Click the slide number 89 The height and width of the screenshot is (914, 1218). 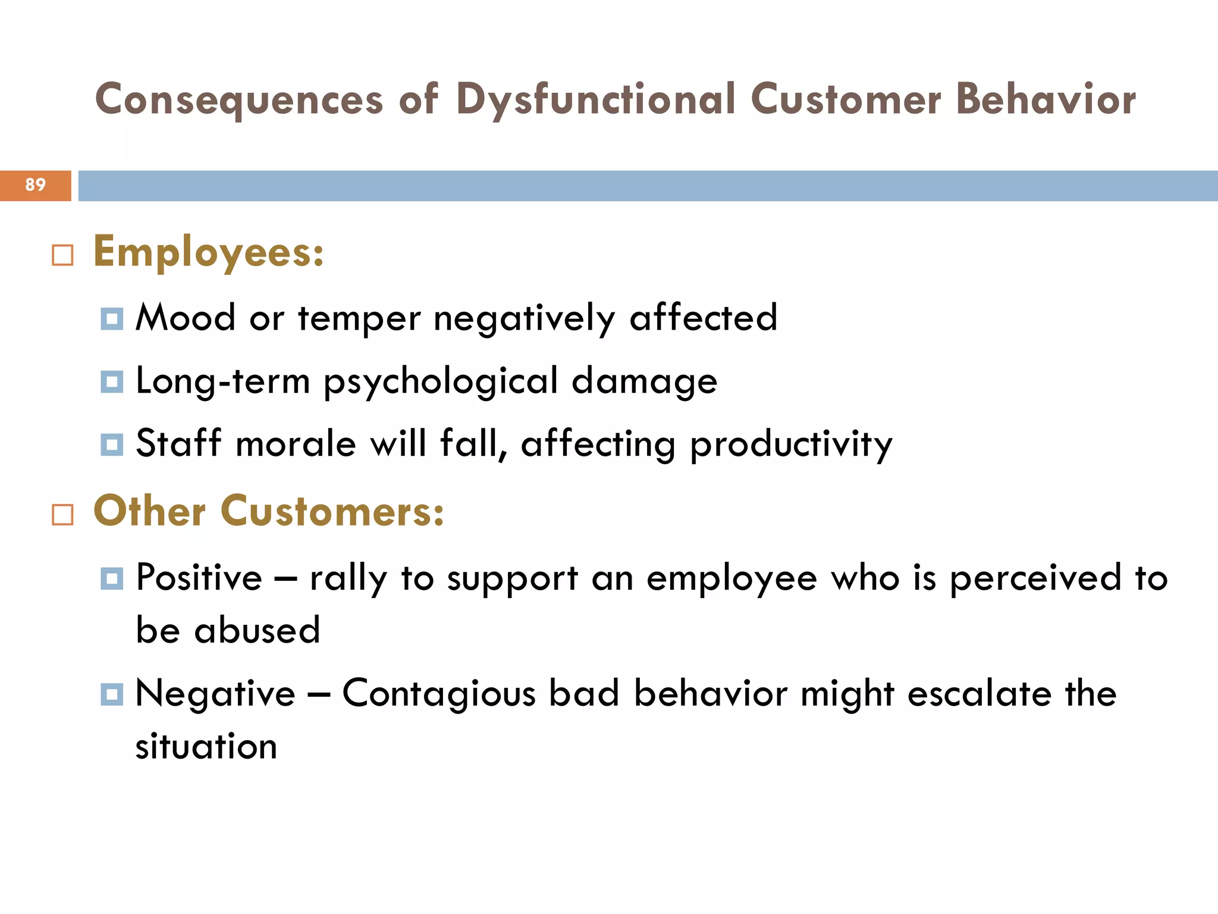click(x=35, y=185)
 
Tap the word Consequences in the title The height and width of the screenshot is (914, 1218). click(x=239, y=99)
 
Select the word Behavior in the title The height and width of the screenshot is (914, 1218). click(x=1046, y=99)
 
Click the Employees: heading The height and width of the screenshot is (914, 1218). click(x=209, y=252)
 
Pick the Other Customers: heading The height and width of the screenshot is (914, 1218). click(x=269, y=511)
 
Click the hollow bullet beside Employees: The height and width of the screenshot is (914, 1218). click(x=62, y=255)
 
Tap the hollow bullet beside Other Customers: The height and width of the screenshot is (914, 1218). click(x=62, y=514)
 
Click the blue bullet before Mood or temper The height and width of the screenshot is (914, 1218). click(x=112, y=319)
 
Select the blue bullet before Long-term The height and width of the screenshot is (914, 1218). click(x=112, y=382)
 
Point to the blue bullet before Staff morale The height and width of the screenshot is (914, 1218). click(x=112, y=445)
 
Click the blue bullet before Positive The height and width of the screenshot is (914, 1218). click(x=112, y=578)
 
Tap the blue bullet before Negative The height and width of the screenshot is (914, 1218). click(x=112, y=694)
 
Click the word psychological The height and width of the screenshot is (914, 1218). click(x=441, y=382)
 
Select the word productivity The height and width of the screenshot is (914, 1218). click(x=791, y=445)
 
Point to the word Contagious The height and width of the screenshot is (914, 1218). click(x=439, y=694)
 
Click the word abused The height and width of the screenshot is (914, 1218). click(x=257, y=630)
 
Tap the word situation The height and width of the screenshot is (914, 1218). click(x=206, y=746)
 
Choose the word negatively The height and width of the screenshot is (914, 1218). click(x=524, y=318)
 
